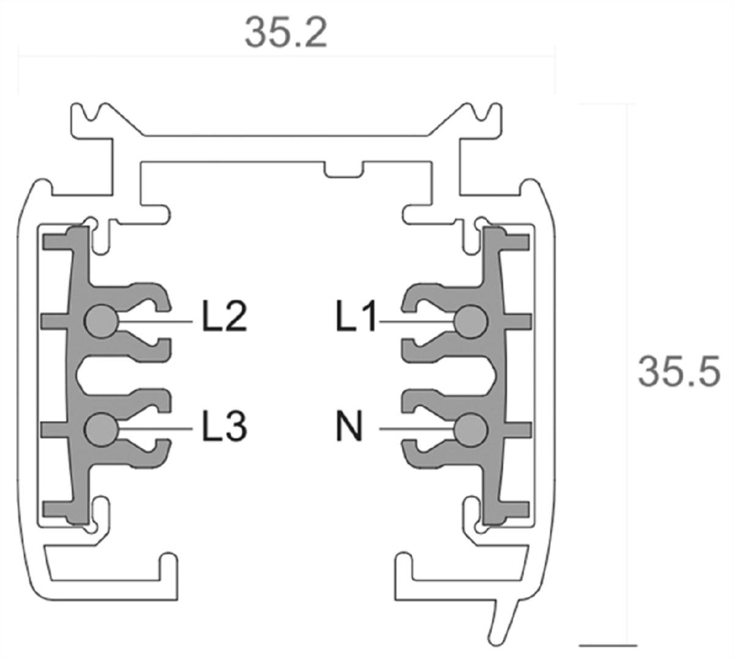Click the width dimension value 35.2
click(x=286, y=32)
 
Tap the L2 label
click(x=224, y=317)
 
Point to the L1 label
click(x=357, y=317)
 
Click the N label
click(x=349, y=426)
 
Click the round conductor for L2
click(x=100, y=321)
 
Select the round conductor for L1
click(x=471, y=321)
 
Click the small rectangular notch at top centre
click(x=343, y=171)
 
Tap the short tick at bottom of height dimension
click(x=608, y=645)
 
